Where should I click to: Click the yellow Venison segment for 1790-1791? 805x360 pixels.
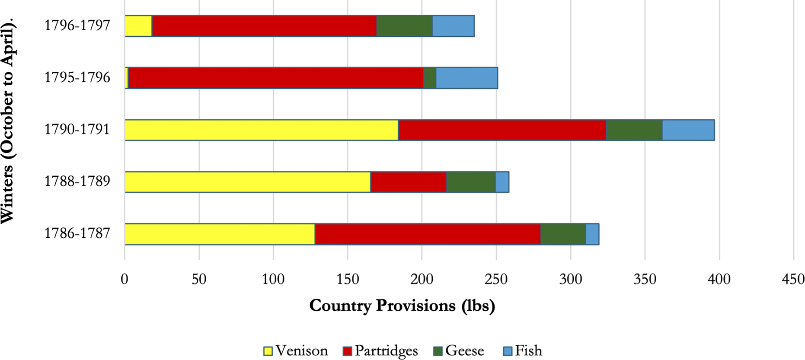coord(262,130)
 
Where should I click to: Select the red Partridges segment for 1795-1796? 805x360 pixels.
coord(276,78)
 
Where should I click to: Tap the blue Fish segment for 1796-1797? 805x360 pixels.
coord(454,26)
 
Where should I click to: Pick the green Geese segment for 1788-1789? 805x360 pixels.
coord(471,182)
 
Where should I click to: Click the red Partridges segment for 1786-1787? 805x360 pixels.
coord(428,234)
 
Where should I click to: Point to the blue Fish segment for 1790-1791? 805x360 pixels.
coord(688,130)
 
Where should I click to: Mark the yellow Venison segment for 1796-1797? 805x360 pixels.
coord(138,26)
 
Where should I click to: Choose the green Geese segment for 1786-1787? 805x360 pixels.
coord(563,234)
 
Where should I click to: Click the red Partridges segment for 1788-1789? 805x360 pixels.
coord(409,182)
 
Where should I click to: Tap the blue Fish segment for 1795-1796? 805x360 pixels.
coord(467,78)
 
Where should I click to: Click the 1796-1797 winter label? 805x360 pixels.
coord(77,25)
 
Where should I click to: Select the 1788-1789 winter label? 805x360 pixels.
coord(77,181)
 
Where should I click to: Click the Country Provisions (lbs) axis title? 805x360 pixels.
coord(402,306)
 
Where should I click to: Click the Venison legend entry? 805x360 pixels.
coord(296,350)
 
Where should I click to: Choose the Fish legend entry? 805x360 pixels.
coord(523,350)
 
